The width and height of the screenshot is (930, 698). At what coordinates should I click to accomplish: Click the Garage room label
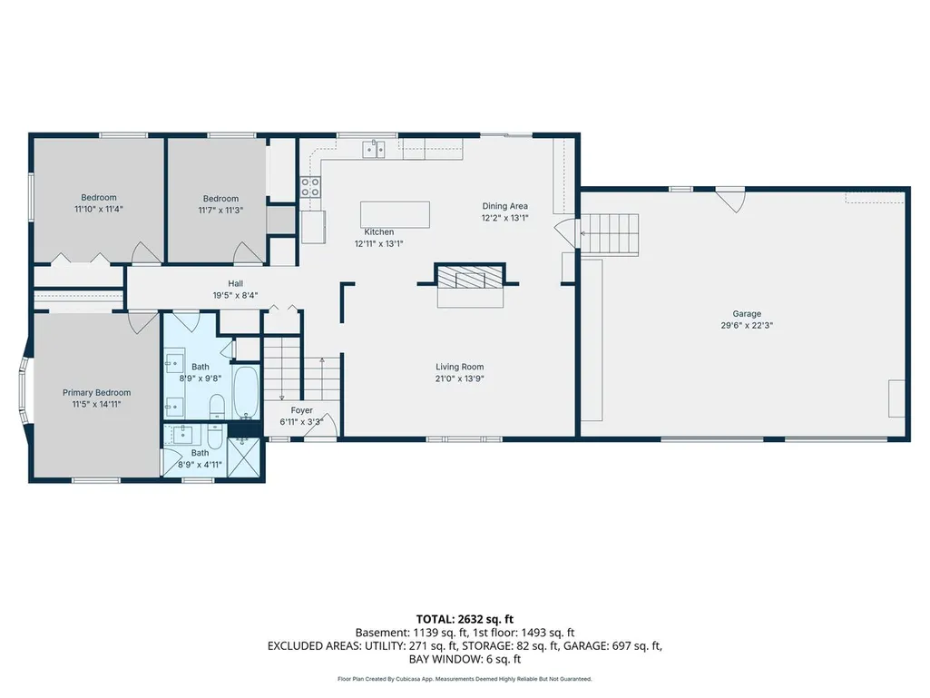[x=747, y=313]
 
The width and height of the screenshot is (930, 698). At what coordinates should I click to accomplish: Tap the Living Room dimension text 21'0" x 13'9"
[x=460, y=378]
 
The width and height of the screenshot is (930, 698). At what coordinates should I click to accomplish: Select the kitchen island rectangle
[x=395, y=214]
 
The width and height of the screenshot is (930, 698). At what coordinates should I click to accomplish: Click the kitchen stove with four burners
[x=310, y=187]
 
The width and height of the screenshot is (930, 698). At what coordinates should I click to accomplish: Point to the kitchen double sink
[x=374, y=150]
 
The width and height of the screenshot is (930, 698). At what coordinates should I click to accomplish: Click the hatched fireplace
[x=470, y=277]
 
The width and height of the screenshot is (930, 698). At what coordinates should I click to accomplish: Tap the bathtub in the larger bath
[x=246, y=393]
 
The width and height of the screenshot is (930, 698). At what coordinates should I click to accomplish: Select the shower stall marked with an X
[x=244, y=457]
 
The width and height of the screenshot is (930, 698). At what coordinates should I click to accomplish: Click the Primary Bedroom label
[x=97, y=392]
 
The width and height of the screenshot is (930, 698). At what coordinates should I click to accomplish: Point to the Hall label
[x=236, y=284]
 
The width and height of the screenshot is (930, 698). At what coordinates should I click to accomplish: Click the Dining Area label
[x=504, y=206]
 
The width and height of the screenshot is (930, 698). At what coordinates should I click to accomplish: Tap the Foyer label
[x=302, y=410]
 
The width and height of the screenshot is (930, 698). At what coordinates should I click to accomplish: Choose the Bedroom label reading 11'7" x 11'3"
[x=220, y=204]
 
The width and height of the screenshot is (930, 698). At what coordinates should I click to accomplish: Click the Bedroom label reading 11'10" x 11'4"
[x=99, y=203]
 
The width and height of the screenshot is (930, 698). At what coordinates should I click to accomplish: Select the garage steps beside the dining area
[x=609, y=235]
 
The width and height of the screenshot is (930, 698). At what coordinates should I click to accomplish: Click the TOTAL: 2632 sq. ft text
[x=465, y=620]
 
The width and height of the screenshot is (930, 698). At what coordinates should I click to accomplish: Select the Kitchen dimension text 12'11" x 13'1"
[x=379, y=243]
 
